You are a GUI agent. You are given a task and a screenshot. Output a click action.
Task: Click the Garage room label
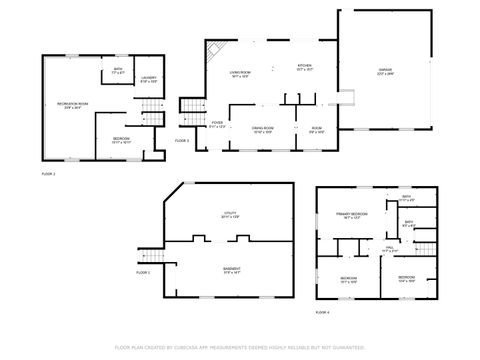tap(384, 69)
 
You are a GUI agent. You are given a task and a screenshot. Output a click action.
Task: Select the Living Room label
tap(238, 72)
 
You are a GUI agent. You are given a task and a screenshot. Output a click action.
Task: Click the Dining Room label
tap(263, 128)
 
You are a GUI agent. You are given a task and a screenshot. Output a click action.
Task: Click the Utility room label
tap(230, 215)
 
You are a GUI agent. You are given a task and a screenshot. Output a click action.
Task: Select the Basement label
tap(231, 268)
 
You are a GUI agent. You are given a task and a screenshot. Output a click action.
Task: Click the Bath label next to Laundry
tap(118, 71)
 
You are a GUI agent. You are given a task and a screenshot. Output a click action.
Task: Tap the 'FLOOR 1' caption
tap(143, 272)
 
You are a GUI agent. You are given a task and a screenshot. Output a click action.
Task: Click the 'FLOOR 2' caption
tap(48, 174)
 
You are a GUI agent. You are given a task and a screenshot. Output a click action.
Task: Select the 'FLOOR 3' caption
tap(181, 141)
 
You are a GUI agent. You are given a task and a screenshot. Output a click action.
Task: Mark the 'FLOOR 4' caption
tap(321, 313)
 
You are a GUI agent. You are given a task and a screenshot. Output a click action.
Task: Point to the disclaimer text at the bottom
tap(239, 347)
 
